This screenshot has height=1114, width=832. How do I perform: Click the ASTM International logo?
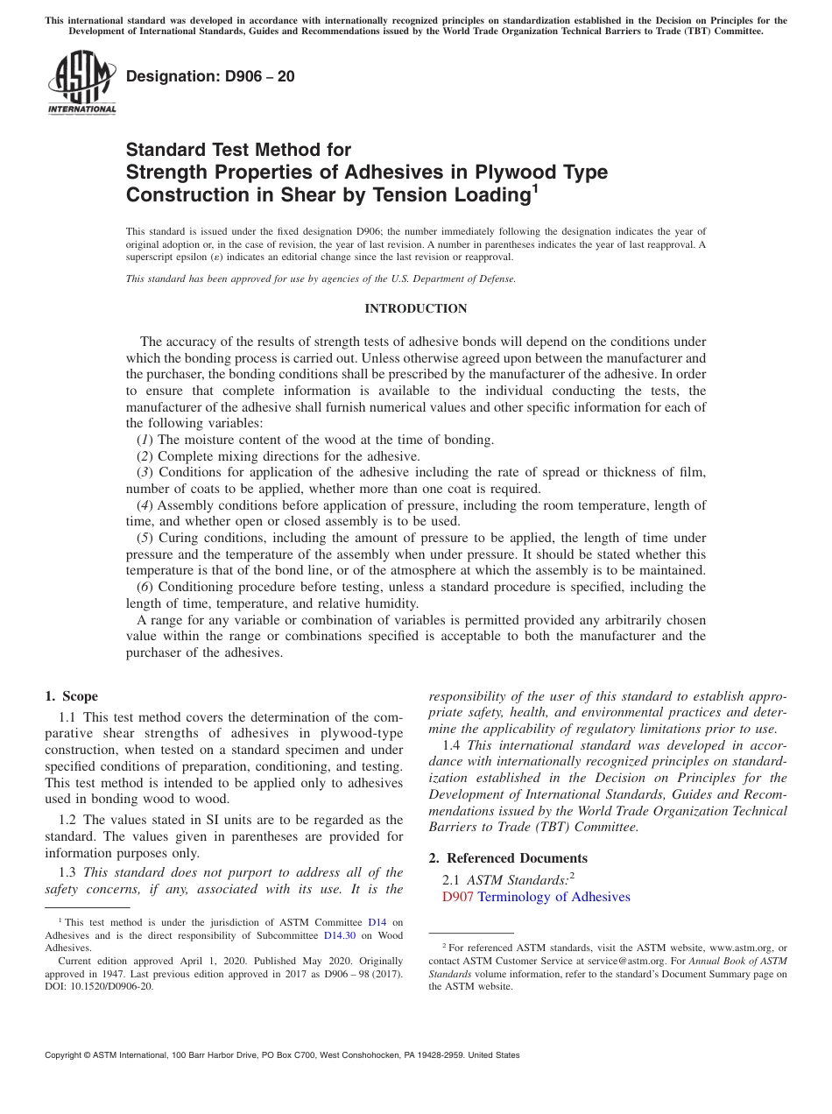(x=81, y=83)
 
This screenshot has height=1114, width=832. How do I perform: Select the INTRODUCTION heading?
(x=415, y=308)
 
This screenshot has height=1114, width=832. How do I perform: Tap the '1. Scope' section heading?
(x=71, y=696)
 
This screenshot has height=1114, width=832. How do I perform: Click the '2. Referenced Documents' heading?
(x=508, y=857)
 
